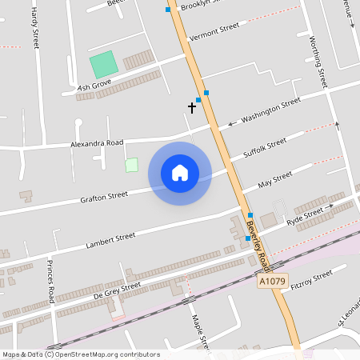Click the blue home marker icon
tap(180, 173)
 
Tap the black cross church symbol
tap(192, 106)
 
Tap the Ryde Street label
tap(305, 214)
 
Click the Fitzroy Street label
tap(312, 280)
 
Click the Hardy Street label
tap(34, 28)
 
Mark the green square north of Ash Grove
tap(102, 65)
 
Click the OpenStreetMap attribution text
tap(81, 354)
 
